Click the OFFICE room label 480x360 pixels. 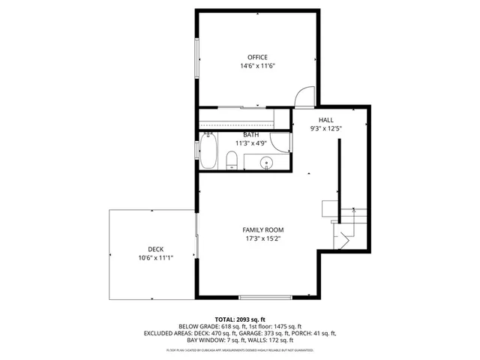(x=257, y=57)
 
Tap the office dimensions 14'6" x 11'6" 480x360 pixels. (x=257, y=66)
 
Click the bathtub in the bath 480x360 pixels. (x=209, y=152)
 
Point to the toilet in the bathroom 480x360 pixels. (x=232, y=159)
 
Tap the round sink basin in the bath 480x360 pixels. (x=266, y=162)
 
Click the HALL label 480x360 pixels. (x=325, y=120)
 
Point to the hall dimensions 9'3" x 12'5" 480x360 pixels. (x=325, y=128)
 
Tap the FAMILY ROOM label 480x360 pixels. (x=262, y=229)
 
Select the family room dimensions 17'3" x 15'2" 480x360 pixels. (x=262, y=238)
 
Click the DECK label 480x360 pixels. (x=155, y=250)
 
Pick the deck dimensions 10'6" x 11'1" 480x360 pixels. (x=155, y=258)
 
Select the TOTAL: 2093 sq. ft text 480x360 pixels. (x=240, y=319)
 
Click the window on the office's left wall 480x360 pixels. (x=197, y=59)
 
